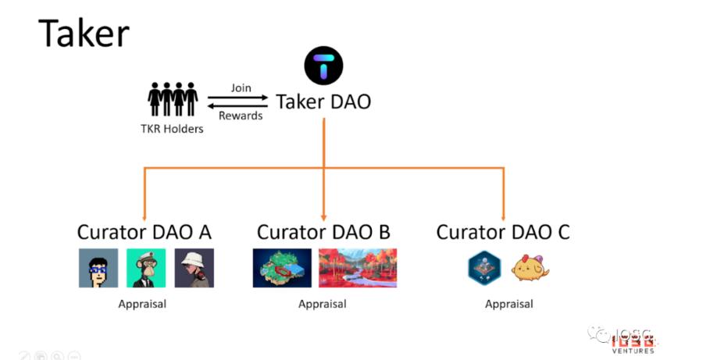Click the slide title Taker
coord(84,34)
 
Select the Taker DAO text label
coord(323,102)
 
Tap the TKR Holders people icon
coord(173,99)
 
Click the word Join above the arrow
coord(241,88)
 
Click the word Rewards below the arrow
coord(241,116)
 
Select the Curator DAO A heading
coord(144,232)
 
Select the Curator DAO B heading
coord(323,232)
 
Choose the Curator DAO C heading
coord(503,232)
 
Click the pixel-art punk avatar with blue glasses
coord(98,268)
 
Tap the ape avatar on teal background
coord(146,268)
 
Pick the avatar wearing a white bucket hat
coord(194,268)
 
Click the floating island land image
coord(282,268)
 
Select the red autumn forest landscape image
coord(358,268)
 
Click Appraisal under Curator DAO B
coord(323,304)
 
